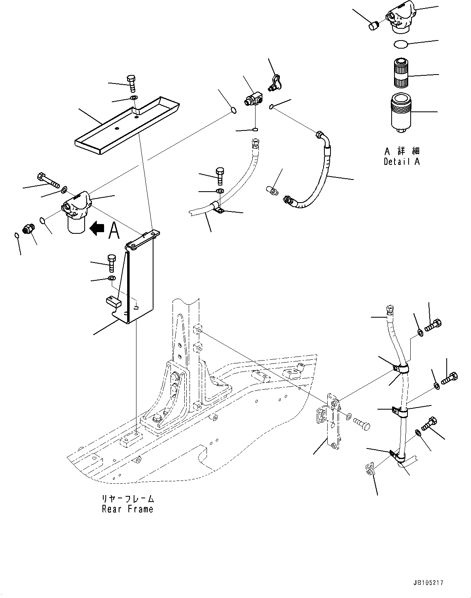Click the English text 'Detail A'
402,162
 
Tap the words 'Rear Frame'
128,509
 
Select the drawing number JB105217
428,583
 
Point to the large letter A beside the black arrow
114,231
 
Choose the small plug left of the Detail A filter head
373,26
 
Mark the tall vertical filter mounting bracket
140,280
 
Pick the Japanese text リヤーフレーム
128,499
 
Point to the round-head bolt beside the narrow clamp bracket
361,424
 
